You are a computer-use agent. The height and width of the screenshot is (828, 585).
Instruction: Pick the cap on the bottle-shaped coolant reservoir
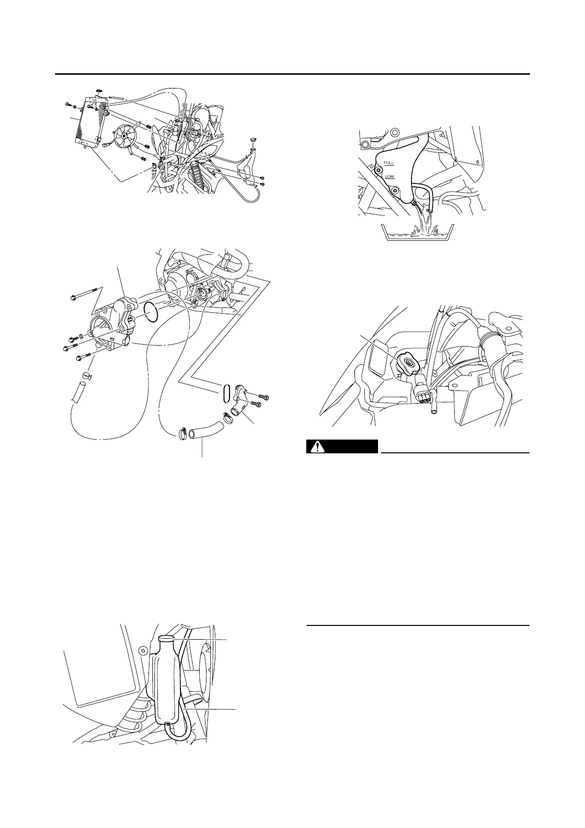pyautogui.click(x=166, y=638)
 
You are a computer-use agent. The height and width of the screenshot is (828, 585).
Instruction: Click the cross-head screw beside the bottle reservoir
pyautogui.click(x=143, y=651)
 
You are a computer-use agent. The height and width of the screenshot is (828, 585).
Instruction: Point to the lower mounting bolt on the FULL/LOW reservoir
pyautogui.click(x=393, y=189)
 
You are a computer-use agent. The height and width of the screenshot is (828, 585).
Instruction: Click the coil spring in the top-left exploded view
pyautogui.click(x=200, y=170)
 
